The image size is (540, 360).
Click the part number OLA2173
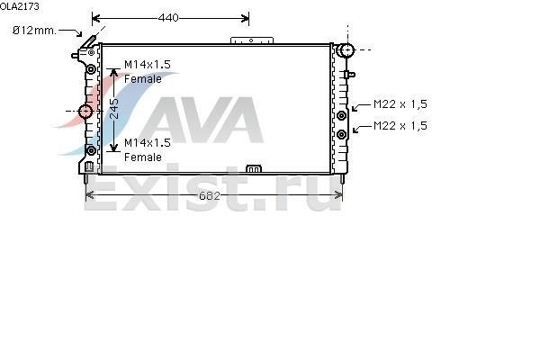pos(20,6)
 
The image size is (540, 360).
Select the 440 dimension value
pos(168,18)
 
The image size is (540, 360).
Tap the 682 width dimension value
pos(209,195)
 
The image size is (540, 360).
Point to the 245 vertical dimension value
pos(114,109)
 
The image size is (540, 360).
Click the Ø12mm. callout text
pos(34,31)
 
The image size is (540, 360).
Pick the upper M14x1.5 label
pos(148,65)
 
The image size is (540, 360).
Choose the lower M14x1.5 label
pos(148,142)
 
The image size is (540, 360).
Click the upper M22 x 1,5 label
pos(400,104)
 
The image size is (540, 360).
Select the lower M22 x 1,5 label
pos(400,126)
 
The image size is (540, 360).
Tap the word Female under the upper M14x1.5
pos(143,79)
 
